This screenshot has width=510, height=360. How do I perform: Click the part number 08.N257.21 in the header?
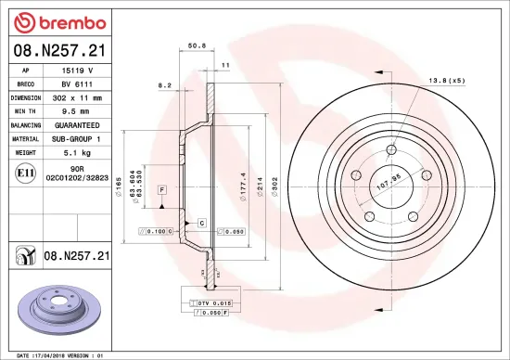coord(59,49)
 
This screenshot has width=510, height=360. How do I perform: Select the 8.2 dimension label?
coord(166,85)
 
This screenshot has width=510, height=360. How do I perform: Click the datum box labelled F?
coord(161,189)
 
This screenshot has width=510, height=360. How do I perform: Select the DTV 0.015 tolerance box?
coord(212,303)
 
